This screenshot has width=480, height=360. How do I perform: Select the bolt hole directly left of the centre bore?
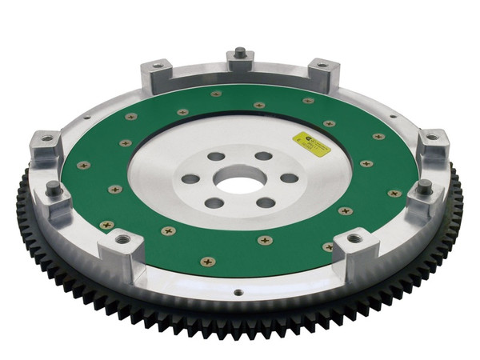click(x=190, y=179)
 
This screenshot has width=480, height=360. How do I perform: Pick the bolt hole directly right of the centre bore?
click(x=290, y=178)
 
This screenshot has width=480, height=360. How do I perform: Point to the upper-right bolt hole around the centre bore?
click(x=263, y=156)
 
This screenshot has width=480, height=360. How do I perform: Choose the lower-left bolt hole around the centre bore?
click(x=214, y=203)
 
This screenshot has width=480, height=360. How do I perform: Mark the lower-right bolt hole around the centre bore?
click(x=266, y=202)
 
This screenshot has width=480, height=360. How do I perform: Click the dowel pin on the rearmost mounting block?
click(x=240, y=53)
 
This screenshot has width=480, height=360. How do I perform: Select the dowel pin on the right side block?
click(x=424, y=186)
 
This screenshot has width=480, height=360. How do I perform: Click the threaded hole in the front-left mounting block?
click(x=124, y=238)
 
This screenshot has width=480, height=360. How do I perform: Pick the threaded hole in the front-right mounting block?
click(x=354, y=238)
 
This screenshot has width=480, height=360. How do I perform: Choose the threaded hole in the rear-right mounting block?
click(x=322, y=64)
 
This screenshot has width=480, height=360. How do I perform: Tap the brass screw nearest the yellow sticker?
click(x=329, y=123)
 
